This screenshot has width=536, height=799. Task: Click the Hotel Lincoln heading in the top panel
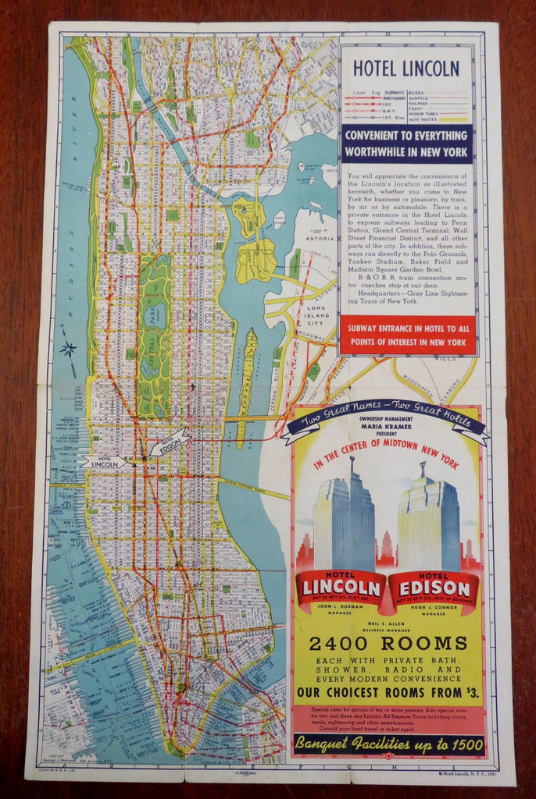[x=406, y=69]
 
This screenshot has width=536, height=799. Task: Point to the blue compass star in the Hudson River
[x=69, y=349]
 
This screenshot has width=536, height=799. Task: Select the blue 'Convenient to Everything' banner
[x=406, y=144]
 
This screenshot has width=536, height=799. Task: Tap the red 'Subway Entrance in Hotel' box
[x=406, y=334]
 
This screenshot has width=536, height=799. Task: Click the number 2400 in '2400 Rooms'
[x=340, y=644]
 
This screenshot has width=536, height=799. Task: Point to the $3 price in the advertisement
[x=471, y=692]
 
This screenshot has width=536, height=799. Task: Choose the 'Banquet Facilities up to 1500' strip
[x=388, y=744]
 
